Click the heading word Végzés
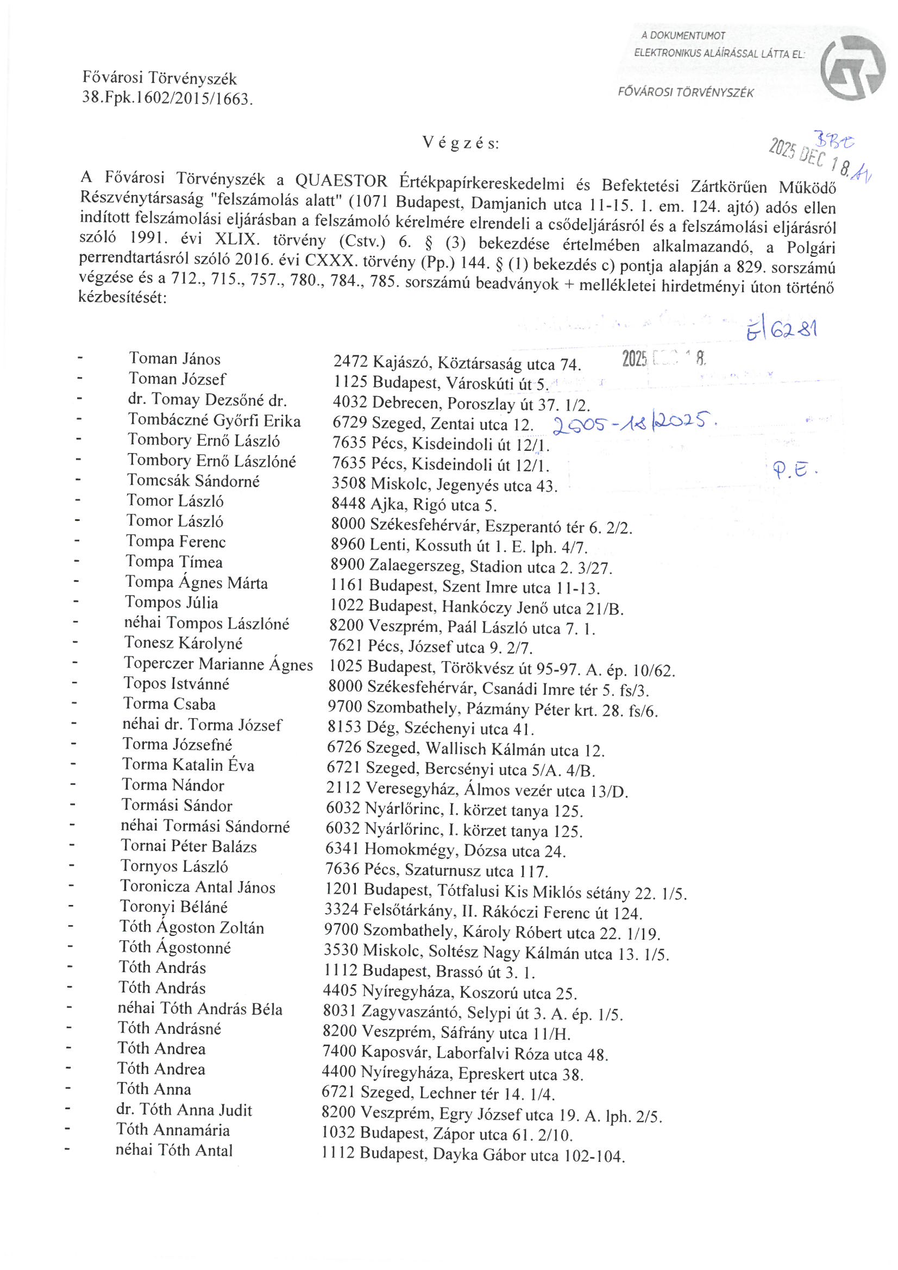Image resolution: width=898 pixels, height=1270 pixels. (x=460, y=143)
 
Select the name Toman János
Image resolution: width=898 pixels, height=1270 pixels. (x=175, y=359)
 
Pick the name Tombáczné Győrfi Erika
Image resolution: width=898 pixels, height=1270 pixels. (x=214, y=420)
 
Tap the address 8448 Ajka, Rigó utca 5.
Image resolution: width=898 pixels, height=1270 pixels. (x=413, y=505)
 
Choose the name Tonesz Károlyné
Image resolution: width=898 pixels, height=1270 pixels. (x=183, y=643)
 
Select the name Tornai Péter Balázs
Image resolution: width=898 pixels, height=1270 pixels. (x=189, y=846)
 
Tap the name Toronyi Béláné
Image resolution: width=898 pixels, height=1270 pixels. (x=174, y=907)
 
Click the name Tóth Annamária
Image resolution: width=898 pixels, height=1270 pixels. (x=173, y=1129)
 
